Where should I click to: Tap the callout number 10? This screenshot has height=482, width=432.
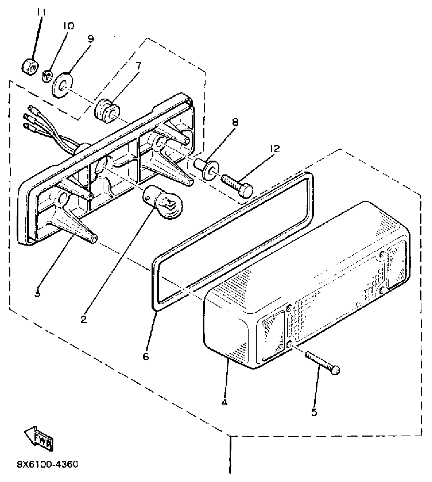69,26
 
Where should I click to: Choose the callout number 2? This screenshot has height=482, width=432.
84,319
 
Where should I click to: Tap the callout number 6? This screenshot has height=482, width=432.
146,356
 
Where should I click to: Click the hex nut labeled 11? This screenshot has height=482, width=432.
30,67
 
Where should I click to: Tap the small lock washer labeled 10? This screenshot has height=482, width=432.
47,76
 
